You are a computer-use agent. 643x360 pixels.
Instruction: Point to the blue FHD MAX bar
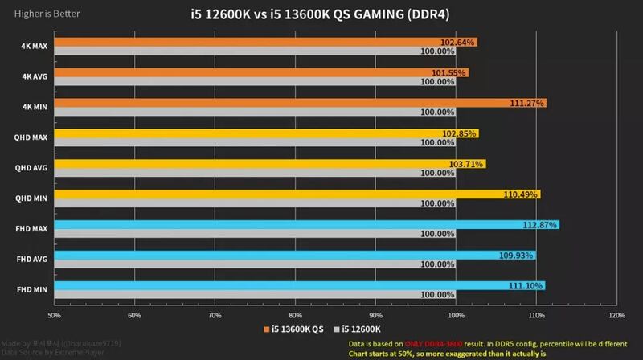[305, 224]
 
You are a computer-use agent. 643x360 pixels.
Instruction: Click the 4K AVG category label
[34, 77]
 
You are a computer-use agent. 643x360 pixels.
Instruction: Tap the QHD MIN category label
[32, 198]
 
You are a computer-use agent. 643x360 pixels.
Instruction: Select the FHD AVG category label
[33, 260]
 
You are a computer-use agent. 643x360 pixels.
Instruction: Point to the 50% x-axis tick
[55, 314]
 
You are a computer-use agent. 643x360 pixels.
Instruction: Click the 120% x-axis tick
[617, 314]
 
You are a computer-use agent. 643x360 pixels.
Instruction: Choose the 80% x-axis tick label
[296, 314]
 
